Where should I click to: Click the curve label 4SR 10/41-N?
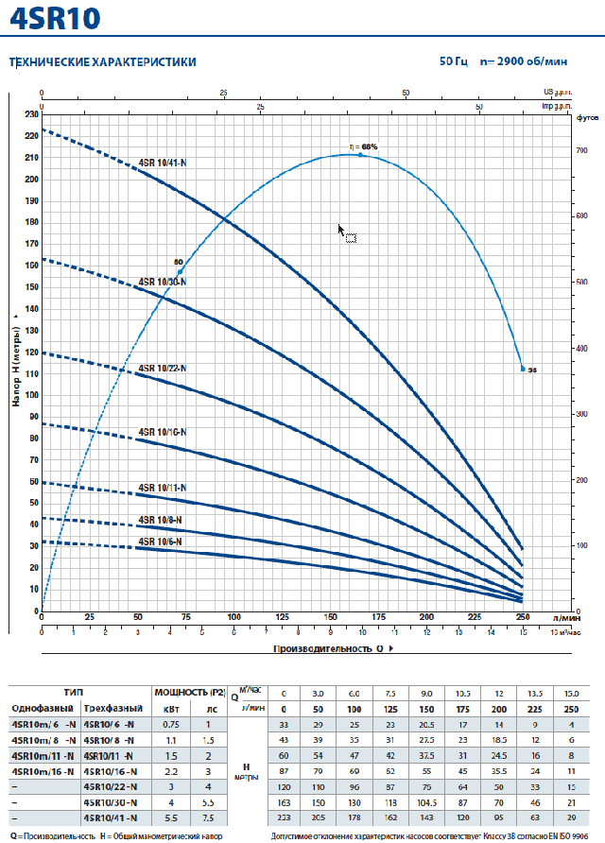click(x=164, y=163)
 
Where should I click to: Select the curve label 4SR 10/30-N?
click(x=163, y=282)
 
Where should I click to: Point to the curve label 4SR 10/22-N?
click(x=163, y=368)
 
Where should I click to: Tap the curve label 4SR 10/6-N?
click(x=160, y=542)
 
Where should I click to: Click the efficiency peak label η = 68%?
click(x=363, y=146)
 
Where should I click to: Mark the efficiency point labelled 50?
click(x=181, y=271)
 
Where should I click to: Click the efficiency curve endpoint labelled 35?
click(x=523, y=369)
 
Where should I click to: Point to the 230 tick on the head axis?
click(x=32, y=114)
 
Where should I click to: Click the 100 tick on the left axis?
click(x=32, y=396)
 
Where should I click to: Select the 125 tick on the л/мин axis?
click(x=282, y=617)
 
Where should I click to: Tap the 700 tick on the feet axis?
click(x=583, y=151)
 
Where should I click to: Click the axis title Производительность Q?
click(x=331, y=649)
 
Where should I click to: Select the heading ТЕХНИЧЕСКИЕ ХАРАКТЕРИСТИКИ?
click(x=103, y=61)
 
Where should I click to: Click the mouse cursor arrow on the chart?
click(x=341, y=229)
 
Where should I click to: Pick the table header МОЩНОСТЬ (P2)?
click(x=189, y=692)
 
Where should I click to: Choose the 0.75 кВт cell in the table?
click(x=170, y=724)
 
